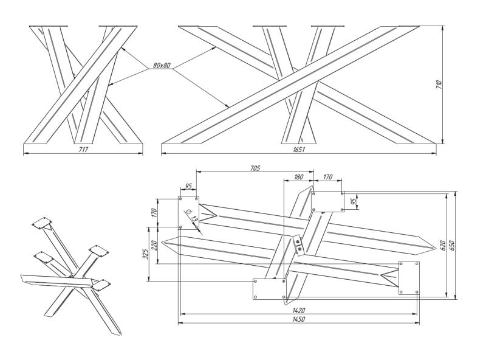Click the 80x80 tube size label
162,64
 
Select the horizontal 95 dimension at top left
188,187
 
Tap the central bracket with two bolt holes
298,244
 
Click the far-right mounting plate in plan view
408,277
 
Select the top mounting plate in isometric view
41,223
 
